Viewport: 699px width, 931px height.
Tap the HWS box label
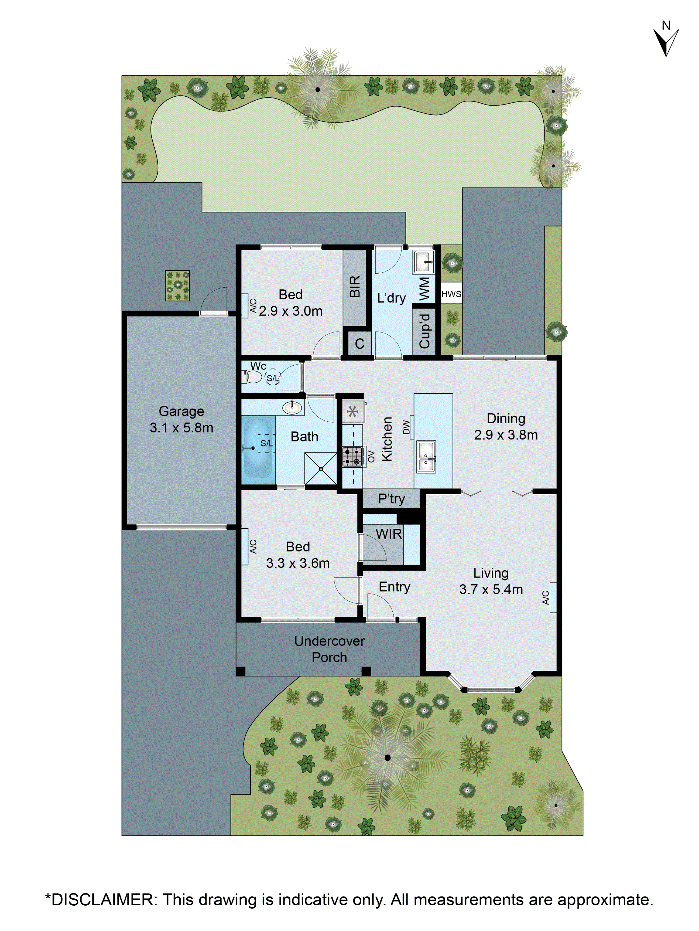451,294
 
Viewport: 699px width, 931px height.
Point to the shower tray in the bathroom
320,469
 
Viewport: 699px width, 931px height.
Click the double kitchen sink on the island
426,457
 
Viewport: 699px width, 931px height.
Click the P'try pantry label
391,499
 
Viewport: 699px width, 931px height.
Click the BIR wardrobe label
355,287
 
